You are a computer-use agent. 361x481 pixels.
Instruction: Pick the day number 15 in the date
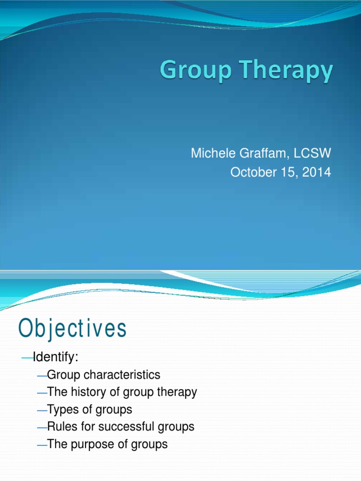(286, 172)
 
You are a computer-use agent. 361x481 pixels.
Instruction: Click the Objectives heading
(73, 329)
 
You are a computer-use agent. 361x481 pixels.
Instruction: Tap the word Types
(63, 409)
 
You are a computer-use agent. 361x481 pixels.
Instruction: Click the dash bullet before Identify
(27, 358)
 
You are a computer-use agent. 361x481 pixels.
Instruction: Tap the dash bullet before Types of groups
(41, 410)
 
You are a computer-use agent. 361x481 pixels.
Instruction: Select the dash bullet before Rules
(41, 427)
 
